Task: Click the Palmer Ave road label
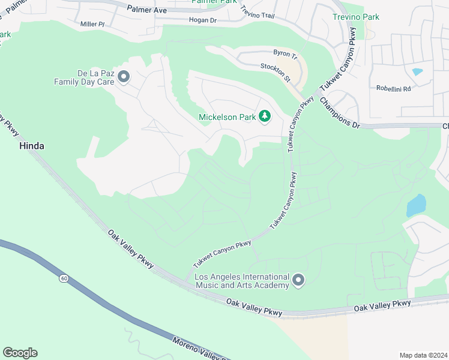pyautogui.click(x=146, y=9)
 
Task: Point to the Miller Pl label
pyautogui.click(x=92, y=24)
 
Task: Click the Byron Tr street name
pyautogui.click(x=285, y=55)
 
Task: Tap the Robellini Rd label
pyautogui.click(x=393, y=88)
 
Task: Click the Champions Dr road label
pyautogui.click(x=339, y=113)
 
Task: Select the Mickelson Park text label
pyautogui.click(x=227, y=116)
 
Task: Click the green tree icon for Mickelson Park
pyautogui.click(x=264, y=116)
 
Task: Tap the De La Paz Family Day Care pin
pyautogui.click(x=124, y=77)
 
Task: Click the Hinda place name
pyautogui.click(x=32, y=146)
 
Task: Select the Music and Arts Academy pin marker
pyautogui.click(x=298, y=280)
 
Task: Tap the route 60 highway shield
pyautogui.click(x=64, y=278)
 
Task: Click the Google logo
pyautogui.click(x=20, y=353)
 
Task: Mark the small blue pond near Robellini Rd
pyautogui.click(x=417, y=72)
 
